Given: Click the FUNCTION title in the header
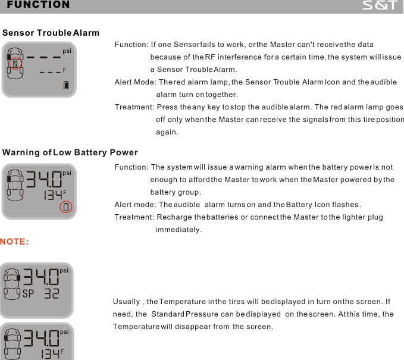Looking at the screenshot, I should coord(38,5).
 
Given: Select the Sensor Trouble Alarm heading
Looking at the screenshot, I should coord(51,32).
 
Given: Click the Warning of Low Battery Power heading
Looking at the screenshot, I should coord(70,153).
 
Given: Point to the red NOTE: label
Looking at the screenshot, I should coord(14,242).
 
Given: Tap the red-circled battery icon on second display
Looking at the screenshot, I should coord(66,208).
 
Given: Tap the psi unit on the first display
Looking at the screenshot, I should coord(67,51).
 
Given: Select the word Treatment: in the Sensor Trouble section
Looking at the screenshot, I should coord(134,107).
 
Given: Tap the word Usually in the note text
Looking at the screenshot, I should coord(127,302).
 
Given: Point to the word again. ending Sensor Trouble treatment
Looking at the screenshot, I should coord(167,132).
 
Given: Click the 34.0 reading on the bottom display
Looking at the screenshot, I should coord(42,337).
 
